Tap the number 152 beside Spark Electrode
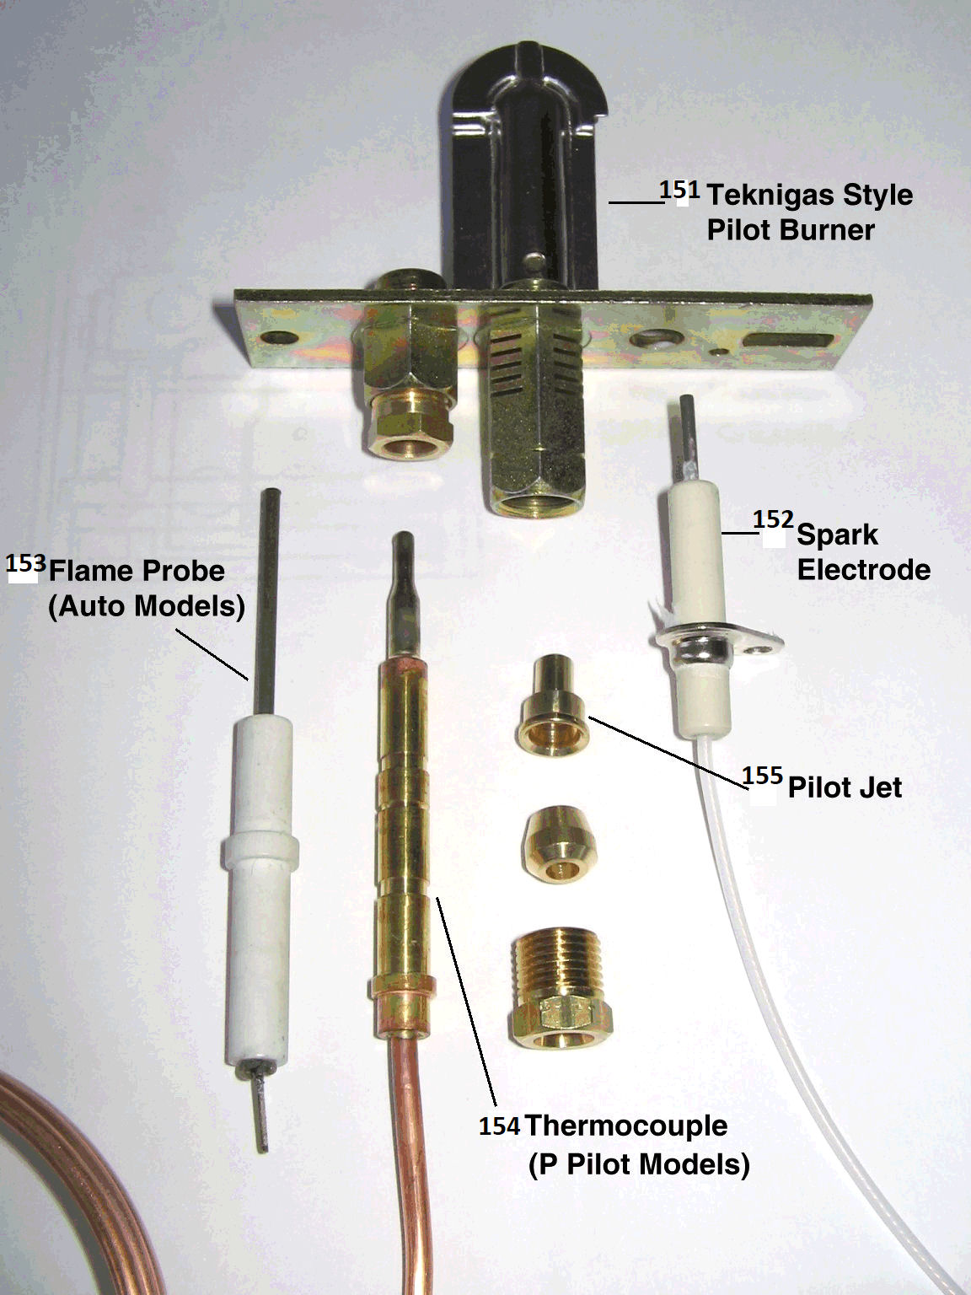(x=773, y=519)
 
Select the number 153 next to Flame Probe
(x=25, y=563)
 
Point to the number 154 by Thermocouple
(x=499, y=1126)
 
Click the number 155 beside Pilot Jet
(x=762, y=775)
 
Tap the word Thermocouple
(x=625, y=1126)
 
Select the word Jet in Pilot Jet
(x=879, y=787)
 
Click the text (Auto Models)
(x=146, y=606)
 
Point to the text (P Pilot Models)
(x=639, y=1164)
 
